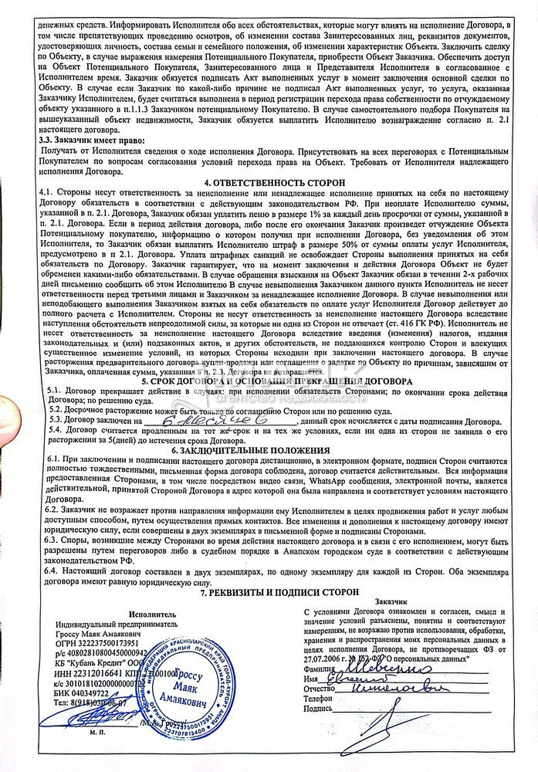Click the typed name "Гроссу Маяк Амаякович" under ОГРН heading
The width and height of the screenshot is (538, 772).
(106, 631)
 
